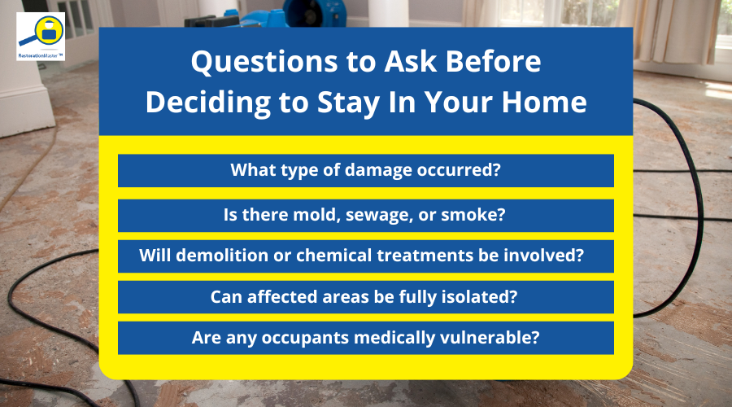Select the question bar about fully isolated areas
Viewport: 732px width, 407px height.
[365, 297]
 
